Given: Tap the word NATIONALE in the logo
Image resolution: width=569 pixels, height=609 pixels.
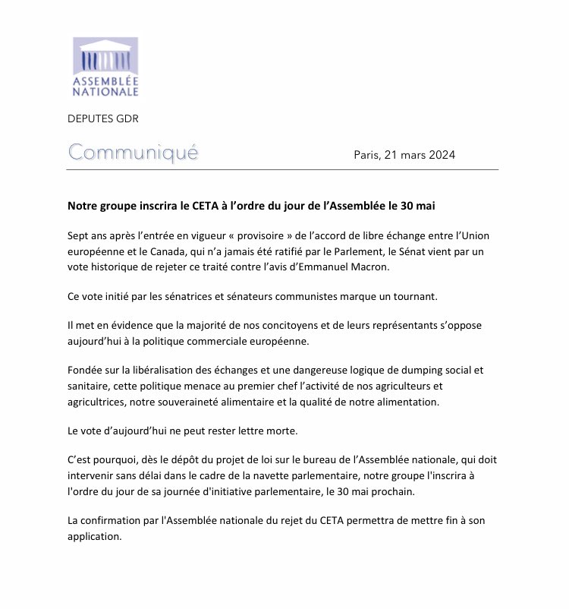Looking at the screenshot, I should pos(105,92).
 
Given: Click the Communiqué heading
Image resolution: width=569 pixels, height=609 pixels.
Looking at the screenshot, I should pos(133,152).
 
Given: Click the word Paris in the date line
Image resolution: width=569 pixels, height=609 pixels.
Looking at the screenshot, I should pos(369,155).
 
